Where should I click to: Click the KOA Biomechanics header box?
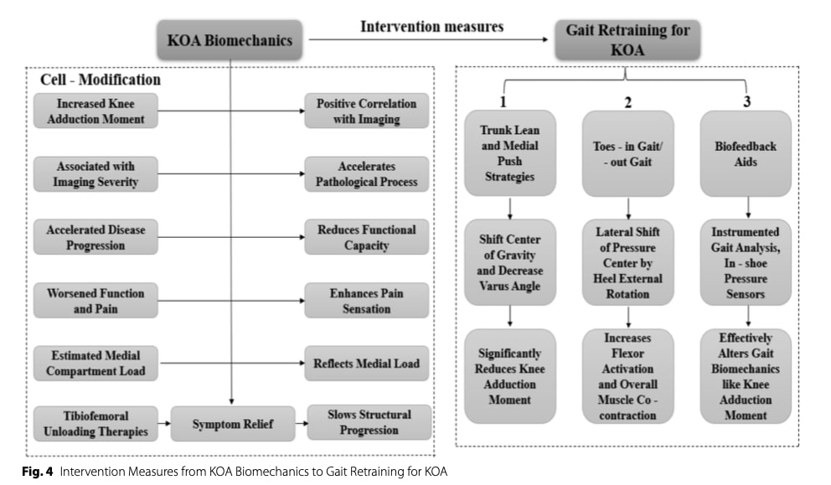(x=230, y=39)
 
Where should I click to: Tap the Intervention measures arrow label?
(x=431, y=27)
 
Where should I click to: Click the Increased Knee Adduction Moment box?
(x=95, y=111)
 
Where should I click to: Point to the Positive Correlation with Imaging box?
(x=367, y=111)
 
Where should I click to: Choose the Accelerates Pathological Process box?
(x=367, y=174)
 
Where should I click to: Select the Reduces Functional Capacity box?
(x=367, y=237)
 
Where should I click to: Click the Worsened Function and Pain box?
(x=95, y=301)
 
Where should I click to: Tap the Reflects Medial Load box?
(x=367, y=363)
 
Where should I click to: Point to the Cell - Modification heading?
(x=101, y=80)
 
